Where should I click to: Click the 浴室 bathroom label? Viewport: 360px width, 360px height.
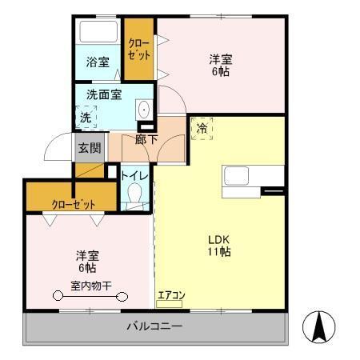tap(98, 62)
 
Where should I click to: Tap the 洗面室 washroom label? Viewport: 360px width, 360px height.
tap(105, 94)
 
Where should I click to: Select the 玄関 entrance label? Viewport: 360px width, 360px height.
tap(90, 147)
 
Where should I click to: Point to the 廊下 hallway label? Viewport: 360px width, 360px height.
tap(146, 139)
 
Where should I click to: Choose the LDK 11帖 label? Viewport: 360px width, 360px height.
tap(220, 246)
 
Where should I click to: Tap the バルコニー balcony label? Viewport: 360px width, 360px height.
tap(155, 326)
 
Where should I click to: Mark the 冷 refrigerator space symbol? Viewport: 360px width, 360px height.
tap(202, 128)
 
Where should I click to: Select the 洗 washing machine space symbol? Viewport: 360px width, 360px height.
tap(86, 118)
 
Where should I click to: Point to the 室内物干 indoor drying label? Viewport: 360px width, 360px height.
tap(90, 286)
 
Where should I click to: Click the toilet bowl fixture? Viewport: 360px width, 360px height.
tap(134, 194)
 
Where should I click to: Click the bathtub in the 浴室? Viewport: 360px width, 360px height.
tap(98, 33)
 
